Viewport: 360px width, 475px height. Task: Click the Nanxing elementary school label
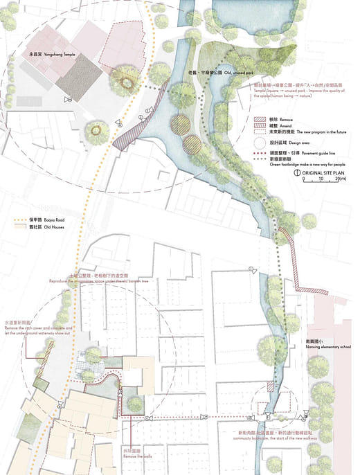coord(328,345)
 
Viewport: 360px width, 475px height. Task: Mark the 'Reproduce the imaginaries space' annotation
coord(107,281)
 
